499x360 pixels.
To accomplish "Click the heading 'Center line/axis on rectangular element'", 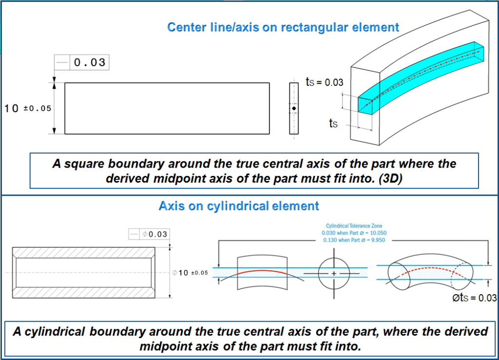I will click(283, 27).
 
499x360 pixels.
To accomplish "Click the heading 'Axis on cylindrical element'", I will click(239, 206).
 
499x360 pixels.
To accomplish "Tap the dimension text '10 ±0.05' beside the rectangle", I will click(28, 109).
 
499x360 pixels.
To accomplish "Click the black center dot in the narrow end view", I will click(294, 108).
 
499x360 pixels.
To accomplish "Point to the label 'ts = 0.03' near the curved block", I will click(325, 82).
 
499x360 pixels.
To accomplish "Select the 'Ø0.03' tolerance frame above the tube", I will click(149, 234).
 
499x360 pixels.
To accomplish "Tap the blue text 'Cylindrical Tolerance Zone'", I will click(356, 226).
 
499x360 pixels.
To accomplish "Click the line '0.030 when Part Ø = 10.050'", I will click(356, 233).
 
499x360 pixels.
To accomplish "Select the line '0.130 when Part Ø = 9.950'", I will click(356, 240).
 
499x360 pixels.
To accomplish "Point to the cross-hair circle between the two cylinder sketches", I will click(334, 274).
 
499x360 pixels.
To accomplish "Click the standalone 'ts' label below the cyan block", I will click(333, 124).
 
